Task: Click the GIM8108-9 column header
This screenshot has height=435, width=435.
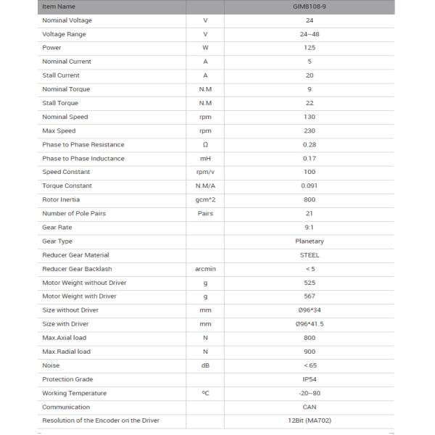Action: click(x=310, y=7)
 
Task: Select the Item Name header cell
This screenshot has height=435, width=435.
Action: click(x=59, y=7)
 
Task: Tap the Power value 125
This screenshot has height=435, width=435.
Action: click(x=310, y=48)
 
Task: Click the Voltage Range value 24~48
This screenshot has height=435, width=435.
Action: click(x=310, y=34)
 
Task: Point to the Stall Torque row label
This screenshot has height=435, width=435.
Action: click(x=60, y=103)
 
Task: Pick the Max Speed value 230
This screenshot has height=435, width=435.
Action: click(x=310, y=130)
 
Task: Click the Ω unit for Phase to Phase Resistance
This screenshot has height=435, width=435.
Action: click(x=205, y=144)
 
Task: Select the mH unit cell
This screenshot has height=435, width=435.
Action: click(x=205, y=158)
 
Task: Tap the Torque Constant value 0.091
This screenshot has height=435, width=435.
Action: click(x=310, y=186)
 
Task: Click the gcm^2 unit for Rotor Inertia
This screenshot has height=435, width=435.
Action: click(x=205, y=199)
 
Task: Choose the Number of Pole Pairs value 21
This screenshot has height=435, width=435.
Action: click(x=310, y=213)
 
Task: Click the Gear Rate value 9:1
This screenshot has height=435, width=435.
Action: click(x=310, y=227)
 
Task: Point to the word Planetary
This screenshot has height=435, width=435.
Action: click(x=310, y=241)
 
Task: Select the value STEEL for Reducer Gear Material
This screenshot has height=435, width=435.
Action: click(x=310, y=254)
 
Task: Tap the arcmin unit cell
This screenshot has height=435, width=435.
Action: click(x=205, y=268)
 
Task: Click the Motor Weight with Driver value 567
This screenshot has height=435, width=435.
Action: click(x=310, y=296)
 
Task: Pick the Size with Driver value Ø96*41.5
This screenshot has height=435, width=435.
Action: click(x=310, y=323)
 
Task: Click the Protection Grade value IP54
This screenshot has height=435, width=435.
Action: click(x=310, y=379)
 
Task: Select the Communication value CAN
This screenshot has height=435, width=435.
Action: click(x=310, y=407)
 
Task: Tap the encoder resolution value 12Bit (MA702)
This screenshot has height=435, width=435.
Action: click(x=310, y=420)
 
